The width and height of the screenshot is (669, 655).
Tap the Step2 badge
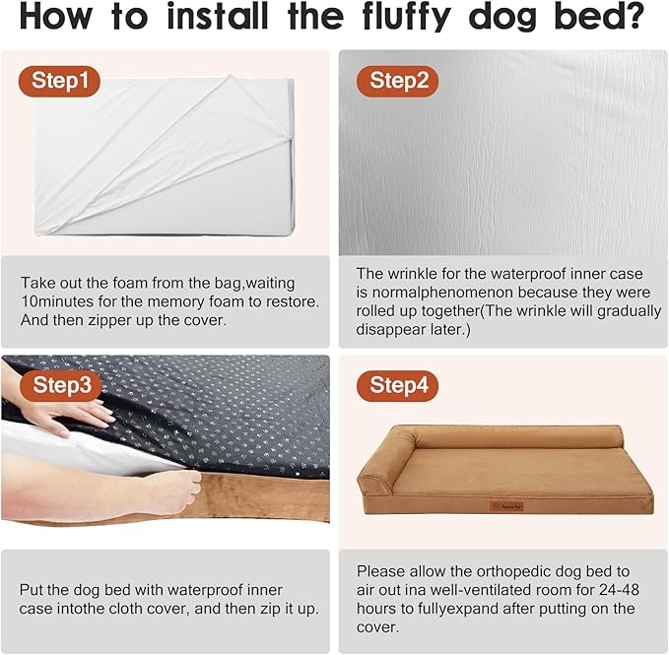coord(399,81)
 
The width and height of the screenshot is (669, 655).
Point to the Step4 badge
coord(399,385)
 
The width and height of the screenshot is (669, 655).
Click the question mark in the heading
coord(632,19)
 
